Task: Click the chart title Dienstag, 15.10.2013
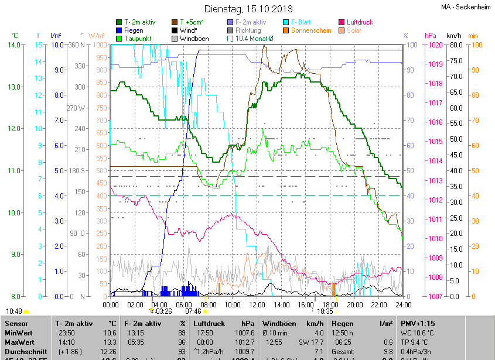pos(248,9)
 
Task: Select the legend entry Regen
pos(134,30)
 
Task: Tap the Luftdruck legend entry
pos(360,22)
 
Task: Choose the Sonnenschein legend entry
pos(310,30)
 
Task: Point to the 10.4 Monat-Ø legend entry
pos(257,39)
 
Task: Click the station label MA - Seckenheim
pos(466,7)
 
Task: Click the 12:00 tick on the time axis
pos(257,304)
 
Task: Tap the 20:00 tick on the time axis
pos(355,304)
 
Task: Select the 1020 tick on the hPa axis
pos(434,45)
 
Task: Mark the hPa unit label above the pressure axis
pos(431,36)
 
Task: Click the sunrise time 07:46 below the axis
pos(193,311)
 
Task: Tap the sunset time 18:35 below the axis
pos(325,311)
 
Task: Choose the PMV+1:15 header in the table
pos(418,323)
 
